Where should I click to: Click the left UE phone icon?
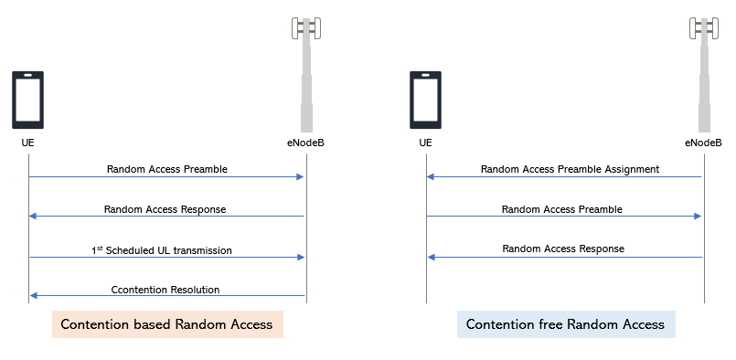click(27, 100)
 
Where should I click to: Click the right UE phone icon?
click(425, 100)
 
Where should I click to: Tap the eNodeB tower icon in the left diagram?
click(306, 73)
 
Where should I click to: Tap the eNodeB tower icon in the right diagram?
click(704, 73)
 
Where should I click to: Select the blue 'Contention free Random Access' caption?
click(566, 324)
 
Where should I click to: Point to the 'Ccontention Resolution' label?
click(165, 290)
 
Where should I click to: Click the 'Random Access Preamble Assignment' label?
click(570, 169)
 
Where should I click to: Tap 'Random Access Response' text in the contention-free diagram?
click(563, 249)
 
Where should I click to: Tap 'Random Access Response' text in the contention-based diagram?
click(165, 209)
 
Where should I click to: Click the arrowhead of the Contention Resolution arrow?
click(34, 296)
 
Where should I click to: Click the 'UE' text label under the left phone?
click(28, 143)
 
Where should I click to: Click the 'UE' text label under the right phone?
click(425, 143)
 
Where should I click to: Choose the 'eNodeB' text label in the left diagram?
click(304, 143)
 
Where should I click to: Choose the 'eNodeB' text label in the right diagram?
click(703, 143)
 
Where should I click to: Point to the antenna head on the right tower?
click(704, 29)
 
